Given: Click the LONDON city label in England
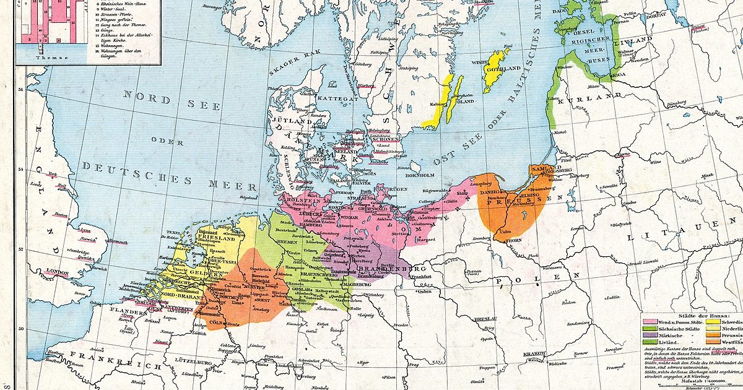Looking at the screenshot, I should [58, 272].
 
